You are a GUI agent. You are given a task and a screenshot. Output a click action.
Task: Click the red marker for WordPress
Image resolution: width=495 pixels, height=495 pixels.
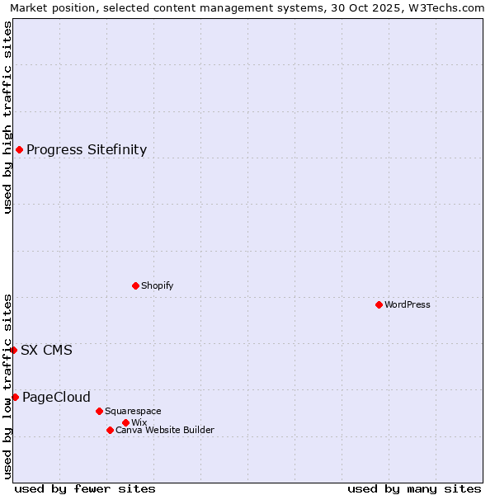(x=379, y=304)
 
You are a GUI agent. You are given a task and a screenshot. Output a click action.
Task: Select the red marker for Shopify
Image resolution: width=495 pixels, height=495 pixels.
(x=135, y=285)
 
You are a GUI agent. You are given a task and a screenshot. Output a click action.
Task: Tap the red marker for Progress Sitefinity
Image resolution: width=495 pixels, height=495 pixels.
(x=19, y=149)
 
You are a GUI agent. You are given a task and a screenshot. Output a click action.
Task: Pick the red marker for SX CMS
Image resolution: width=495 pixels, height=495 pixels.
(x=13, y=350)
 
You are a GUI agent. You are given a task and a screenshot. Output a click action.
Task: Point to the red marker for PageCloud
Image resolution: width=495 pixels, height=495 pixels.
(x=15, y=397)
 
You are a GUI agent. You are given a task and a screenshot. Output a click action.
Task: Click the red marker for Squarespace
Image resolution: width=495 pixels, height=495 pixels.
(x=99, y=411)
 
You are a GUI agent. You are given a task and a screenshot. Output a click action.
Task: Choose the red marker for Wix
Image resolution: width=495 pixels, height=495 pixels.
(x=125, y=422)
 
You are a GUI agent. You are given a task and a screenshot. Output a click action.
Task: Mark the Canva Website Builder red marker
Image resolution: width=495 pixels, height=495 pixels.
(x=110, y=430)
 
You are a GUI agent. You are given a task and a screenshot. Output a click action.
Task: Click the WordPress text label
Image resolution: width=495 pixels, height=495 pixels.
(x=408, y=304)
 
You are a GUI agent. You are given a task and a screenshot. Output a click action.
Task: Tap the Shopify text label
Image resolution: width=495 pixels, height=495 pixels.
(x=157, y=285)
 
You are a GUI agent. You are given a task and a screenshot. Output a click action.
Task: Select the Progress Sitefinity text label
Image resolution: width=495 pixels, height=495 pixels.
(x=87, y=149)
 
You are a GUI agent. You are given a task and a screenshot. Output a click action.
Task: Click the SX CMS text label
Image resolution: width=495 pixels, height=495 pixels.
(x=46, y=350)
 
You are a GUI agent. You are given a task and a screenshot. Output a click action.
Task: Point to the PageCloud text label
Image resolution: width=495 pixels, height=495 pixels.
(x=56, y=397)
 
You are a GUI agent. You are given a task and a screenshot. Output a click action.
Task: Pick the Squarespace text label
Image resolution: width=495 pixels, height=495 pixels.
(x=133, y=411)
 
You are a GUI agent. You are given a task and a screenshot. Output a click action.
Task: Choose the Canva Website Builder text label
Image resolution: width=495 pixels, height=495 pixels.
(x=164, y=430)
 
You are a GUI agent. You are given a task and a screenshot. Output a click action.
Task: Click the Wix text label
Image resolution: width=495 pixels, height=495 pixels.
(x=139, y=422)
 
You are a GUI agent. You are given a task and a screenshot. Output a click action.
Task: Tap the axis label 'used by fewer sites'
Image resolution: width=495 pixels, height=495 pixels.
(x=85, y=488)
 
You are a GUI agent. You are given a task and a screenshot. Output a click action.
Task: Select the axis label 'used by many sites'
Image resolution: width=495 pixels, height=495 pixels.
(x=414, y=488)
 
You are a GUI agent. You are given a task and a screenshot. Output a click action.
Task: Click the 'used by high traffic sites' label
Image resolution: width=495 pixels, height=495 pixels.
(x=7, y=117)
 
